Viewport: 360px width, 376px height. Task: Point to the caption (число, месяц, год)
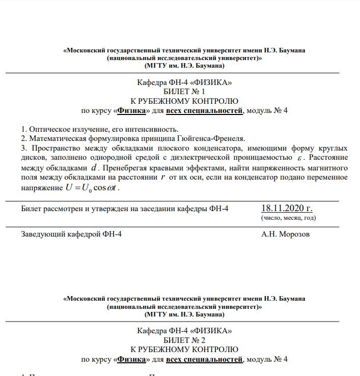click(288, 218)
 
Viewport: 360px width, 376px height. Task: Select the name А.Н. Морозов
click(285, 234)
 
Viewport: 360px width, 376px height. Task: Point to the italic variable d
click(93, 167)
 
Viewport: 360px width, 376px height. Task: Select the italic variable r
click(163, 177)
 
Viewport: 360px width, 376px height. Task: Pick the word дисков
click(32, 158)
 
